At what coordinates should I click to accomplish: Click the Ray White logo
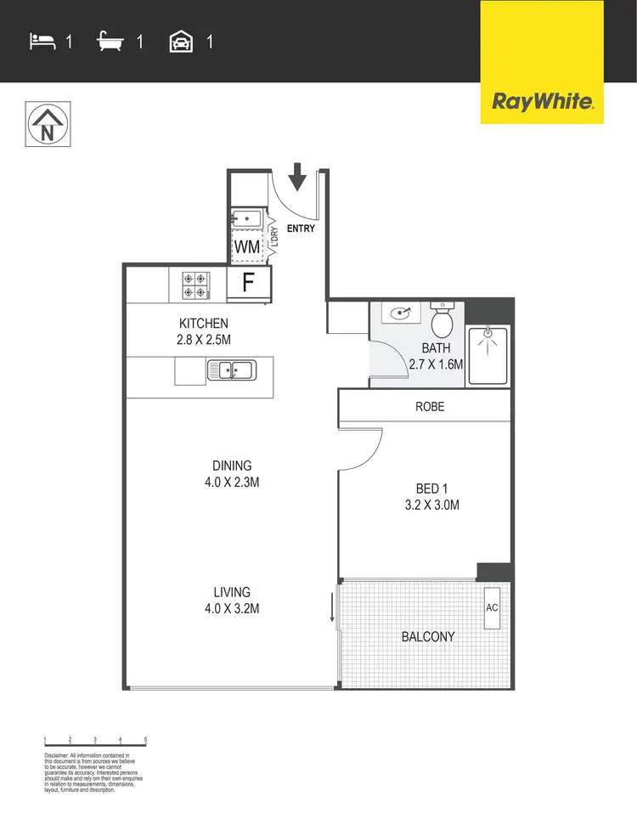click(542, 102)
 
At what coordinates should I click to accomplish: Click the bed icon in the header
click(42, 41)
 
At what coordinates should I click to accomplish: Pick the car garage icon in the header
click(182, 41)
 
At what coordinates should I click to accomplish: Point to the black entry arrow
click(297, 179)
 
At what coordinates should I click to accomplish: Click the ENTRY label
click(301, 229)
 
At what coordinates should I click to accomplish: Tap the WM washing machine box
click(246, 246)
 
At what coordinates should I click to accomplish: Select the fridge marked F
click(248, 283)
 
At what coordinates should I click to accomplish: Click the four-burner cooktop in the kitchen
click(195, 284)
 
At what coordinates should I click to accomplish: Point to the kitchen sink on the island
click(231, 370)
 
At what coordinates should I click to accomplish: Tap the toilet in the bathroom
click(442, 321)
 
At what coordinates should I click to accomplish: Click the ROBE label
click(430, 407)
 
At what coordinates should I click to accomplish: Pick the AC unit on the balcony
click(492, 608)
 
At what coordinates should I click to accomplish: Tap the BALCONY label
click(428, 636)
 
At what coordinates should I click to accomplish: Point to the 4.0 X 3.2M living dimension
click(232, 608)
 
